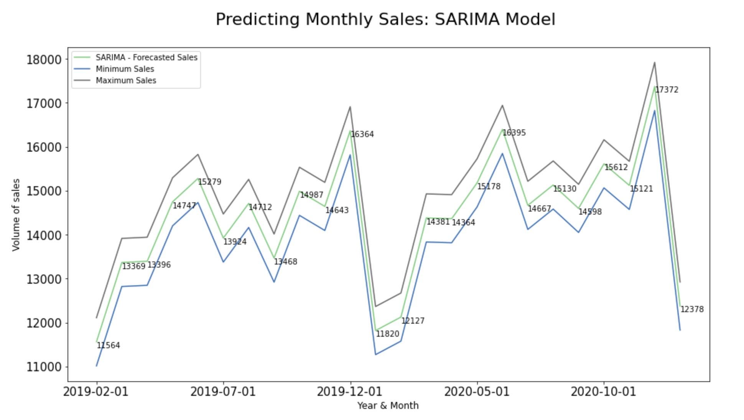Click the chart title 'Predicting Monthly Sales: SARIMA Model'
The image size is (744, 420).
385,19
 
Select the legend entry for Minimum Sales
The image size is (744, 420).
125,69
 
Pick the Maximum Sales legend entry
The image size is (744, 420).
126,81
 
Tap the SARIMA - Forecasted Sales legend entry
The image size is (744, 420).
146,58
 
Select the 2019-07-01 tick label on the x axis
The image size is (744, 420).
223,392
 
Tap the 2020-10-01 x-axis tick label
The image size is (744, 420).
603,392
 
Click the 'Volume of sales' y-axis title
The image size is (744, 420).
16,215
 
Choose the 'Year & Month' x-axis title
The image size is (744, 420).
388,405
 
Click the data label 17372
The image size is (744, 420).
667,90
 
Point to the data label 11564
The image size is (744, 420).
108,346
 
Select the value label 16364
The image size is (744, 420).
362,134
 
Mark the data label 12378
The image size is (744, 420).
692,309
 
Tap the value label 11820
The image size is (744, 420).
387,334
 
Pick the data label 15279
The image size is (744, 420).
209,182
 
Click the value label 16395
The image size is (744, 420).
514,133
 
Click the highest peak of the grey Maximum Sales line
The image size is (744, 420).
654,63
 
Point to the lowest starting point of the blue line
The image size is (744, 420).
96,366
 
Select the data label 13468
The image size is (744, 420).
285,262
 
